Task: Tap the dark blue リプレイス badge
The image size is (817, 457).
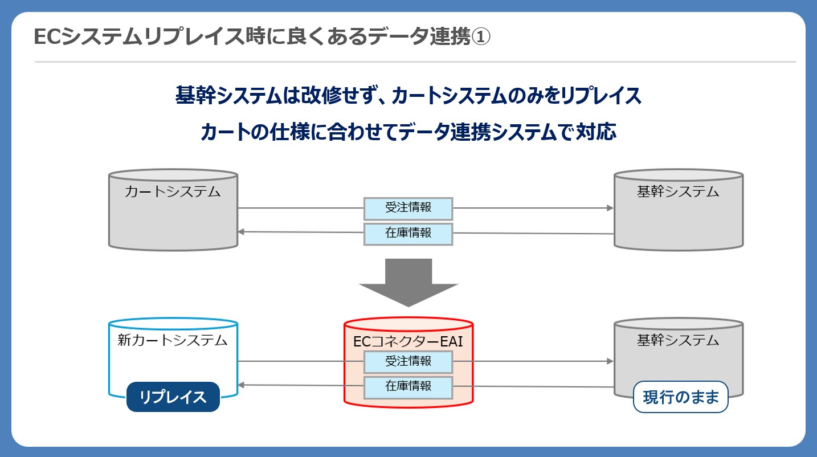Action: [173, 397]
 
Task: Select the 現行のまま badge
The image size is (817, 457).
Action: [681, 397]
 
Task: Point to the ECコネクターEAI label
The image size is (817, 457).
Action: [408, 341]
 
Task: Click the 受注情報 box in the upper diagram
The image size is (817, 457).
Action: [408, 208]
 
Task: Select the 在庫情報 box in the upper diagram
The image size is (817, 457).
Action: [408, 234]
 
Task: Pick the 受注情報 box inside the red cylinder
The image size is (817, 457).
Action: [408, 362]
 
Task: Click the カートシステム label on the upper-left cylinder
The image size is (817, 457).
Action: [173, 191]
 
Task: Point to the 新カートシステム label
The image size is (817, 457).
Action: [173, 340]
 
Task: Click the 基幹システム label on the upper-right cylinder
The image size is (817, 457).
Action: [678, 191]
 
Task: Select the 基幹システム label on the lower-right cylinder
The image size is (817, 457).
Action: [678, 340]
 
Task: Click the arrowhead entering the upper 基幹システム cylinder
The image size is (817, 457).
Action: [610, 208]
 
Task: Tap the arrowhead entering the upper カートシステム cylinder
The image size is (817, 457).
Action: [241, 231]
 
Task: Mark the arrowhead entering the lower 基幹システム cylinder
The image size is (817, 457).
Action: [610, 361]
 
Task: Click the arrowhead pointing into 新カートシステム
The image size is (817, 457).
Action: [241, 385]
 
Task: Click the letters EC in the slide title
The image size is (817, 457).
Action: [47, 37]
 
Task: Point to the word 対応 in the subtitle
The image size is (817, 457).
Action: [596, 132]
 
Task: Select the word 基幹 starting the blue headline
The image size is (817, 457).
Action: [195, 95]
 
